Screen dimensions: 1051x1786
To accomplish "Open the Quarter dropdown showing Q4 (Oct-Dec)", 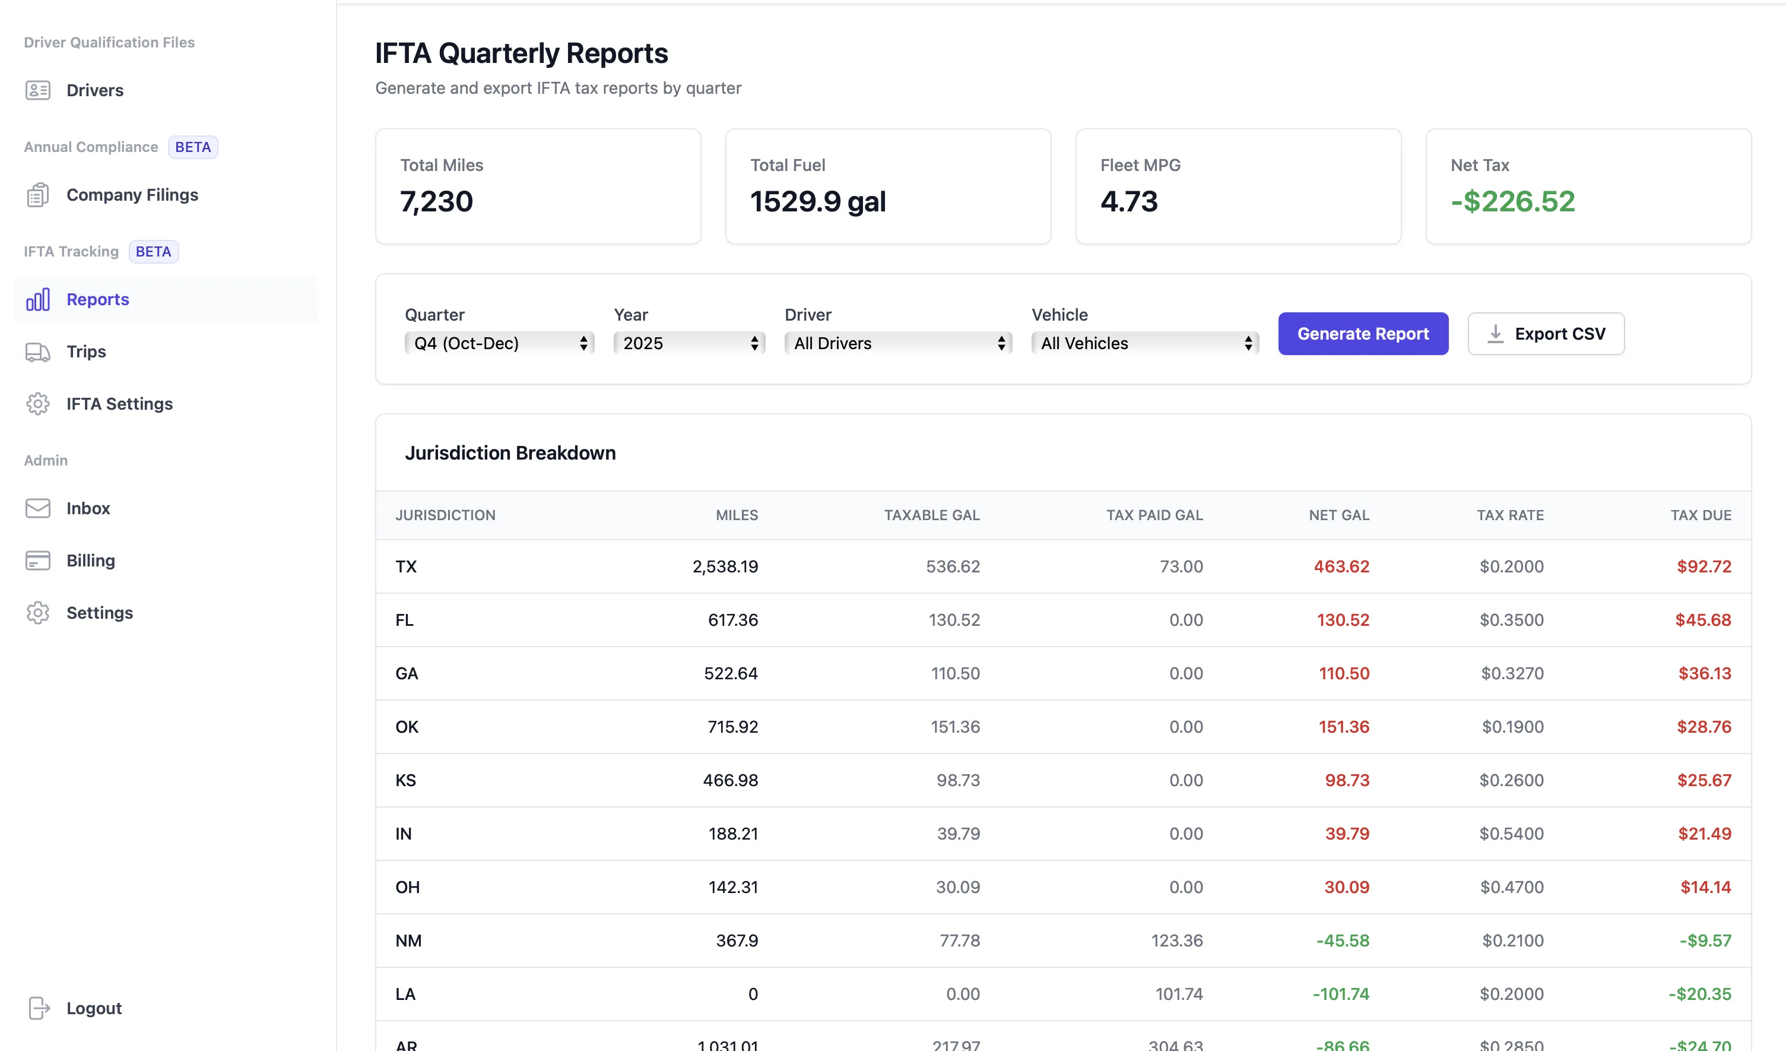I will (x=499, y=343).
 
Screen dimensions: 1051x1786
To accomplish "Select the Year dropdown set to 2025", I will (x=689, y=343).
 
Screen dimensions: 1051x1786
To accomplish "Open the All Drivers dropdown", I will (x=897, y=343).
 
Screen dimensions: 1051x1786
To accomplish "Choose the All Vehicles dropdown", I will (x=1144, y=343).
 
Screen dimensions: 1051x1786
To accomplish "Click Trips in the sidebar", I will (x=85, y=352).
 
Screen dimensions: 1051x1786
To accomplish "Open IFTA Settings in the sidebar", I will (x=119, y=404).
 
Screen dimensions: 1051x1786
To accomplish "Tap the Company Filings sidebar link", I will (x=132, y=195).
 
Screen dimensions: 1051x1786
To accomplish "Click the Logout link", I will (x=94, y=1008).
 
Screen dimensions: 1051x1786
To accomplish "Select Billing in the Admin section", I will (x=90, y=561).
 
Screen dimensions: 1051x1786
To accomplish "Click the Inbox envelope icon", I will (x=37, y=508).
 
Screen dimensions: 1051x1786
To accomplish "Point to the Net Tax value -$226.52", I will (x=1512, y=201).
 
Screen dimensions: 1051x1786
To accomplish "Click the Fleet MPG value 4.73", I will (x=1129, y=201).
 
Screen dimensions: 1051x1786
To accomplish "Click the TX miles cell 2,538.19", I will (x=725, y=566).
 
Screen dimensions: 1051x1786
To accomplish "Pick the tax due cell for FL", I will (x=1702, y=620).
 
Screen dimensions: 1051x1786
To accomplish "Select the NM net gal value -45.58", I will (x=1343, y=941).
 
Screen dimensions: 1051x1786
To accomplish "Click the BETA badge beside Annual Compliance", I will (x=193, y=147).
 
